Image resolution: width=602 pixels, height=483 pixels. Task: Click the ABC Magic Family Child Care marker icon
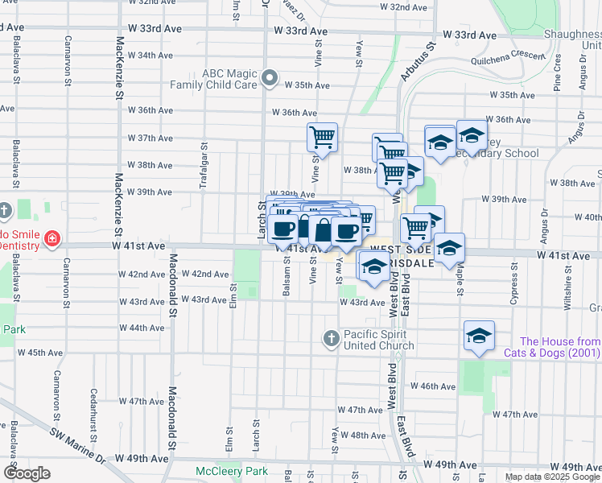pyautogui.click(x=269, y=79)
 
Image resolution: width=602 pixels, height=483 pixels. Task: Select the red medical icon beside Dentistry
pyautogui.click(x=52, y=238)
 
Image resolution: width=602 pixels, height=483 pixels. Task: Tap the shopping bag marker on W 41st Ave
pyautogui.click(x=323, y=230)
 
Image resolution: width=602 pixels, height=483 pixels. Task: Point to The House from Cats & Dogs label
pyautogui.click(x=552, y=347)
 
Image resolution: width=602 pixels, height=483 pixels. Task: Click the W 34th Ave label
pyautogui.click(x=150, y=56)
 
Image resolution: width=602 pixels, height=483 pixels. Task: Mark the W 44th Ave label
pyautogui.click(x=141, y=328)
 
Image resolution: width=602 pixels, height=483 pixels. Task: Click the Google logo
pyautogui.click(x=27, y=473)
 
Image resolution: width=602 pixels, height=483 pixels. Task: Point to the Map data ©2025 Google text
pyautogui.click(x=551, y=477)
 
